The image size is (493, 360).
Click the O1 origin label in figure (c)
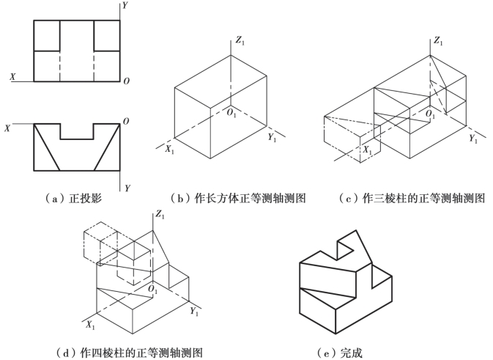coord(431,115)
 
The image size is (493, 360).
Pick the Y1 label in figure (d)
coord(195,312)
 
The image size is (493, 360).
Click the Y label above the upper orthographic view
coord(126,5)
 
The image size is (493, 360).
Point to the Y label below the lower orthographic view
coord(127,188)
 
